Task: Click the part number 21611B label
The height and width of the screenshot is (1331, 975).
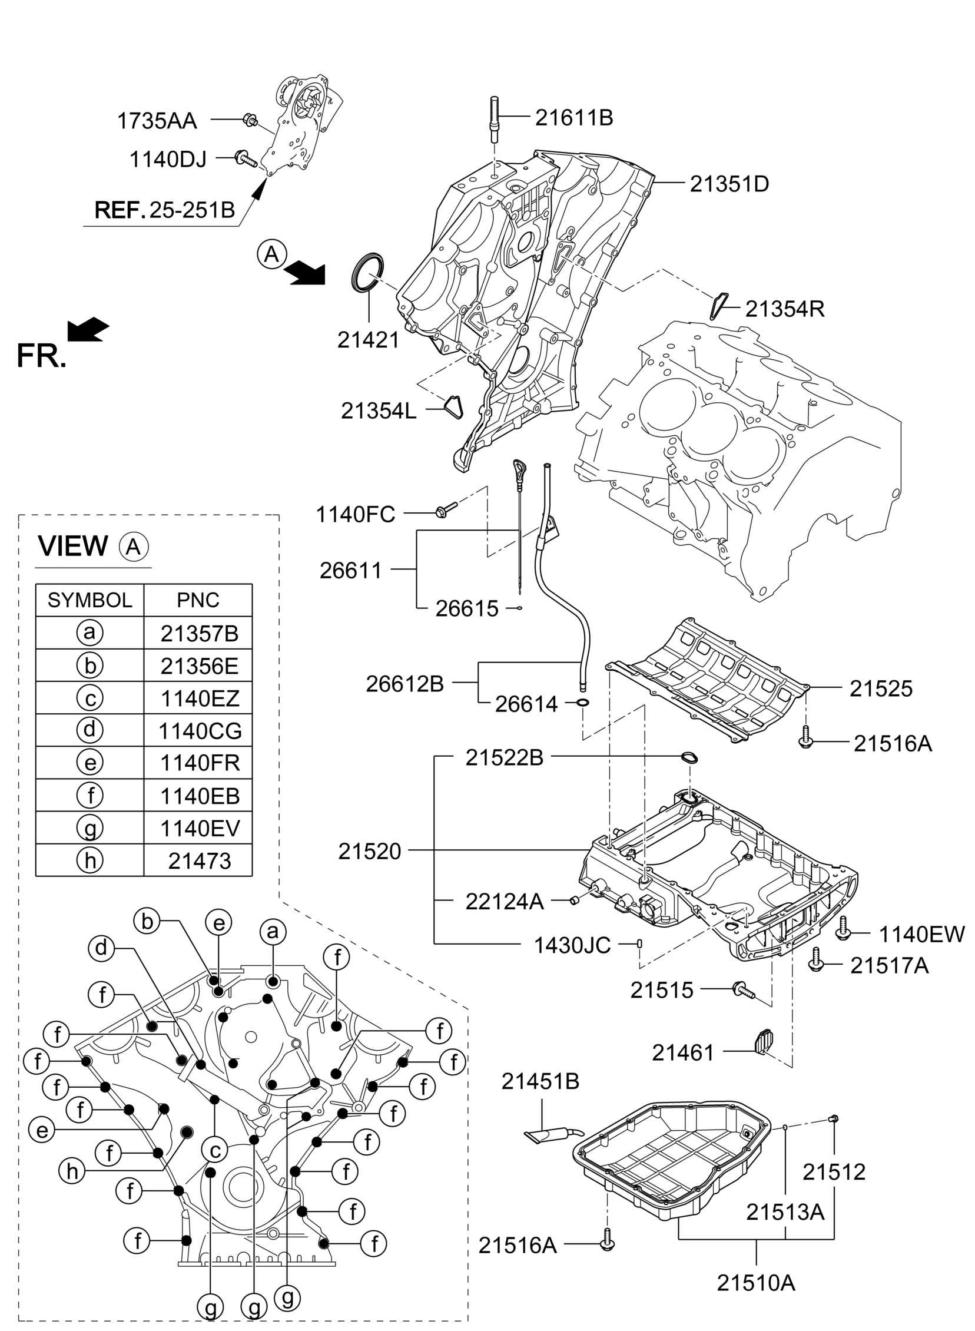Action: click(x=573, y=118)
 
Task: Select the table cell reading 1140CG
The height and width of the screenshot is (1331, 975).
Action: click(x=200, y=731)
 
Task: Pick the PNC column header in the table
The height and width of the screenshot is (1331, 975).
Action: click(x=198, y=600)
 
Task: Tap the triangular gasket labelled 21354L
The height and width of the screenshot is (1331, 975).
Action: click(x=453, y=407)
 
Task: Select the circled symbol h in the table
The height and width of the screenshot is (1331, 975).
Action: click(x=89, y=860)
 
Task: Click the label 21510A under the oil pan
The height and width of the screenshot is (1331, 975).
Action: click(x=756, y=1283)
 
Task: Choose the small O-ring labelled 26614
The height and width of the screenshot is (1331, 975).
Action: click(x=582, y=703)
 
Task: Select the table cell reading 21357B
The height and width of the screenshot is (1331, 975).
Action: click(x=200, y=634)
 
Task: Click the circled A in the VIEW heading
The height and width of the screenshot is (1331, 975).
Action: click(x=134, y=547)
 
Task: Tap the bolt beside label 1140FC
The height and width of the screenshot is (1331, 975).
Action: click(x=446, y=509)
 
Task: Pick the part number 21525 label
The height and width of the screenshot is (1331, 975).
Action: click(x=881, y=688)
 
